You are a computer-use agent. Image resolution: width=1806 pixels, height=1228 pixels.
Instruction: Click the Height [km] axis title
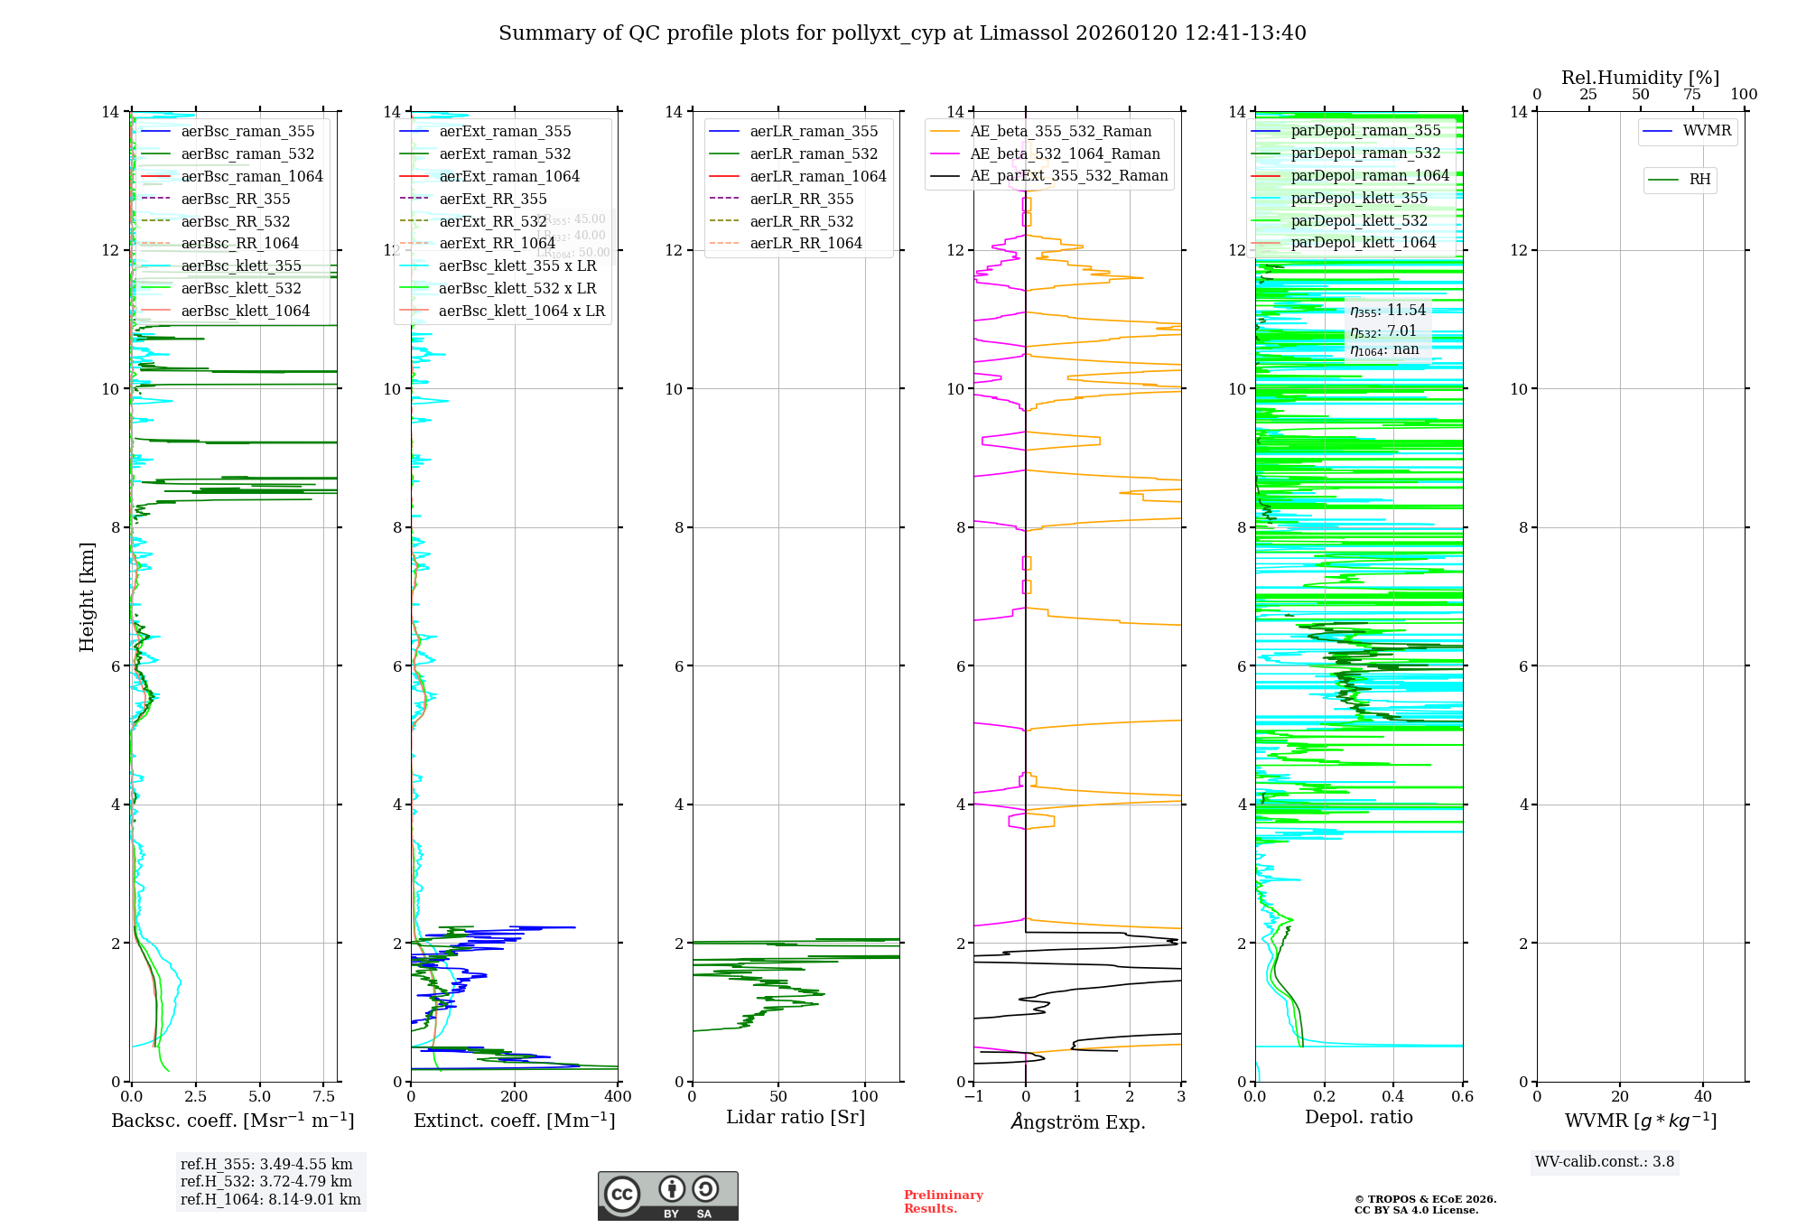pyautogui.click(x=87, y=596)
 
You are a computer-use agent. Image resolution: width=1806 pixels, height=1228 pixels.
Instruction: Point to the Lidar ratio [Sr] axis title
pyautogui.click(x=795, y=1117)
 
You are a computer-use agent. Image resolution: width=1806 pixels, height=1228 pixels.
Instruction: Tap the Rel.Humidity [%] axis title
pyautogui.click(x=1640, y=78)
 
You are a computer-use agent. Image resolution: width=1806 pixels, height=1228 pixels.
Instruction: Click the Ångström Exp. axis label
pyautogui.click(x=1077, y=1121)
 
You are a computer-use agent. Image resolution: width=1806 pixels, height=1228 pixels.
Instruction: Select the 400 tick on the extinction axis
pyautogui.click(x=618, y=1097)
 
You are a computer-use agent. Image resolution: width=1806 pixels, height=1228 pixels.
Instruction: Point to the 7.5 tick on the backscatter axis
pyautogui.click(x=324, y=1097)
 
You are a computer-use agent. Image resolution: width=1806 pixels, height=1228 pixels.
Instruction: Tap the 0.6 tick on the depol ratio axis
pyautogui.click(x=1462, y=1097)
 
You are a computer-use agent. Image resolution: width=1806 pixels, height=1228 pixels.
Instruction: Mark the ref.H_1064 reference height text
pyautogui.click(x=270, y=1199)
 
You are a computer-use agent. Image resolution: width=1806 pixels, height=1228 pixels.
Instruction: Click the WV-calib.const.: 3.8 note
pyautogui.click(x=1605, y=1162)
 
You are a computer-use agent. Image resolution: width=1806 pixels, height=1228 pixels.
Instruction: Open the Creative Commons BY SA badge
pyautogui.click(x=667, y=1195)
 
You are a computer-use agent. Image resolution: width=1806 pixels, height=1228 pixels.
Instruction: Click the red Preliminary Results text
pyautogui.click(x=943, y=1201)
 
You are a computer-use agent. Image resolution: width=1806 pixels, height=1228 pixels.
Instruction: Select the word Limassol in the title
pyautogui.click(x=1024, y=33)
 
